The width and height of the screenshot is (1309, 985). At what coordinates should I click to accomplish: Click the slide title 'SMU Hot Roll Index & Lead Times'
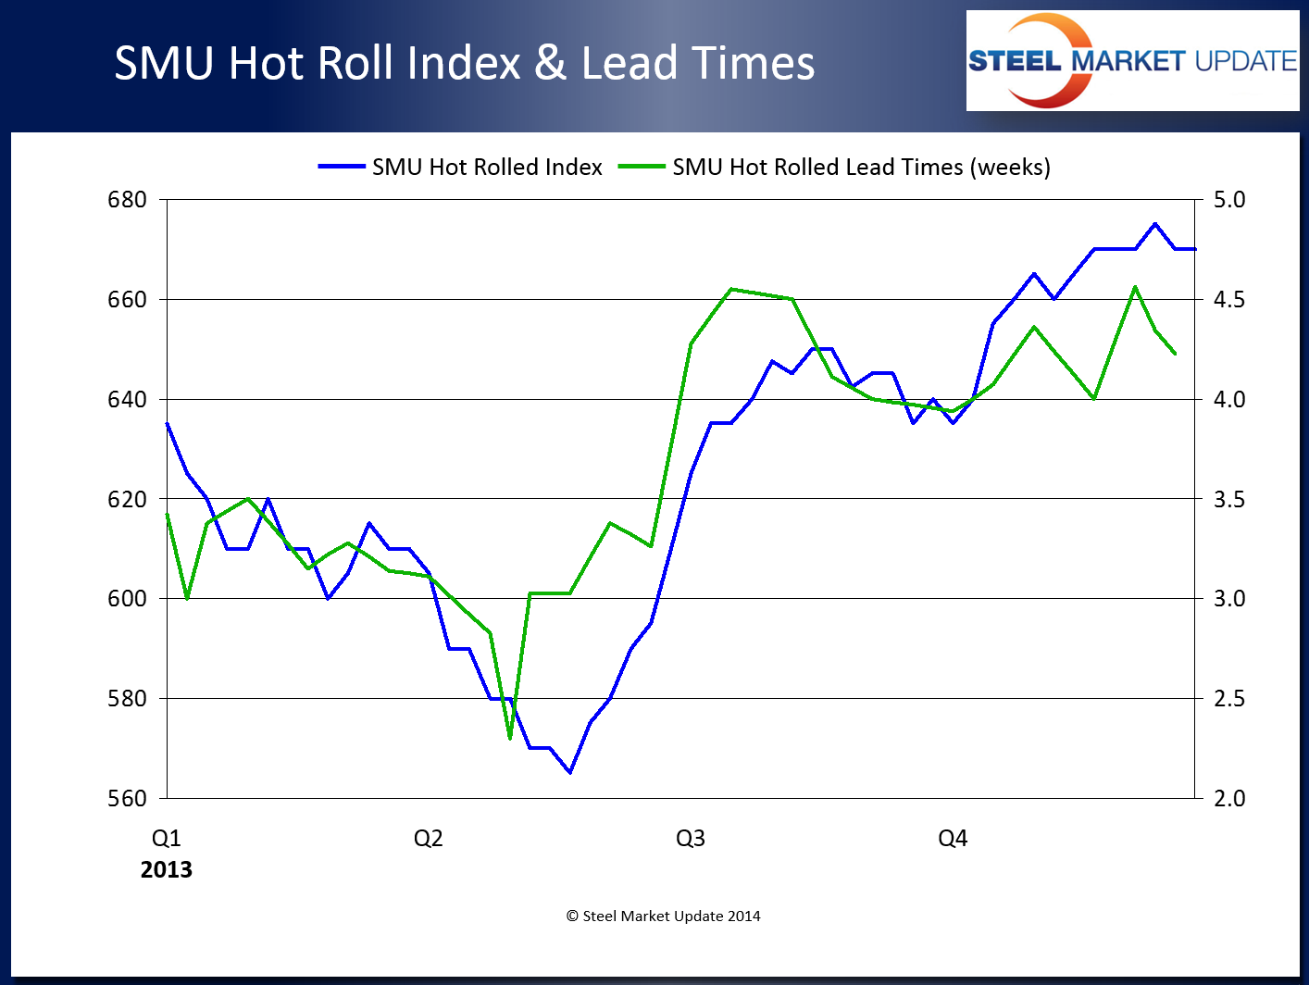click(464, 63)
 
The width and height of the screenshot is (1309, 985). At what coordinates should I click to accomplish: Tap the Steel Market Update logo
click(1131, 61)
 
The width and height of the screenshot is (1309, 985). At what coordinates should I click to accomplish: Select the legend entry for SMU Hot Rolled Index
click(460, 167)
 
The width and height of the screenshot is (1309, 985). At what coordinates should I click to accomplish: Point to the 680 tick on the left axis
click(127, 200)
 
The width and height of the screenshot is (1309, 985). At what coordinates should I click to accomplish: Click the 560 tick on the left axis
click(127, 798)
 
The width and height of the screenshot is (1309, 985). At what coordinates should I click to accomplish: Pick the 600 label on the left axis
click(127, 599)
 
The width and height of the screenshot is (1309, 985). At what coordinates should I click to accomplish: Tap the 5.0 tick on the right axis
click(1229, 200)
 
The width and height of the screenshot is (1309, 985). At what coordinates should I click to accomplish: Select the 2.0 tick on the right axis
click(1229, 798)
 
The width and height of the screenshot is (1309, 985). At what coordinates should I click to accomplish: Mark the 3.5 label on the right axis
click(1229, 499)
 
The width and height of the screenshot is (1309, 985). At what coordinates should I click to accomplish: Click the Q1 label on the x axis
click(167, 839)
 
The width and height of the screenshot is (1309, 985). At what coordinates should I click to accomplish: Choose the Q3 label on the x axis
click(691, 839)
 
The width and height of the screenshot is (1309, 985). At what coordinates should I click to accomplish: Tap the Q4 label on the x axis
click(953, 839)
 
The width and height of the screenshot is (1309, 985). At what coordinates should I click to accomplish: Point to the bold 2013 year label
click(167, 870)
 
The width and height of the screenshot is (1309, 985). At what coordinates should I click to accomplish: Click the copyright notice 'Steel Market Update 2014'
click(663, 916)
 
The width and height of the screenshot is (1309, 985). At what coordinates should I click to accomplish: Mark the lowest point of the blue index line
click(570, 772)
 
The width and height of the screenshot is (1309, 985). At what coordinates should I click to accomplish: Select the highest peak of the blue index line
click(1154, 224)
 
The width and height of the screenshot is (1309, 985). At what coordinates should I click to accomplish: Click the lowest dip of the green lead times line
click(510, 738)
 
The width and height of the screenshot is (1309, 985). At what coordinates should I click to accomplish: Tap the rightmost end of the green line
click(1175, 354)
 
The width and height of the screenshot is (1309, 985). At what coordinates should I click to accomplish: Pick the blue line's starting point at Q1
click(168, 424)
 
